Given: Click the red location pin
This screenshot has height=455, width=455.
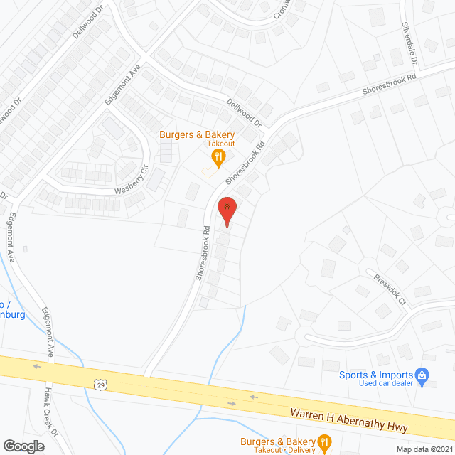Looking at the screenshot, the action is click(226, 210).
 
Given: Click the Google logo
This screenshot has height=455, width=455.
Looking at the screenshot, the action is click(23, 446).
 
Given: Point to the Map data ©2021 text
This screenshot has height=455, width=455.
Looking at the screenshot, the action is click(424, 449).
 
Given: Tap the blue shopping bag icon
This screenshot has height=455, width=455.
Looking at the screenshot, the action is click(422, 374).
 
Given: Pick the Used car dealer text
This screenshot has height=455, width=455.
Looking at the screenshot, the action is click(385, 384).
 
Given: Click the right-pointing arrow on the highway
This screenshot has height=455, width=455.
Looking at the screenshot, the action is click(232, 403).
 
